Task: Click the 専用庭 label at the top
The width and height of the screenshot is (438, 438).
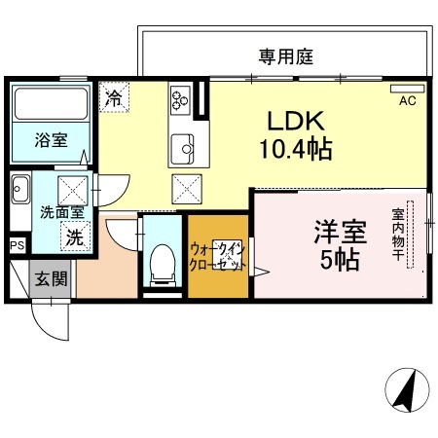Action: click(285, 56)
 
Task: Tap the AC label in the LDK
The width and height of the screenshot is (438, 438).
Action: click(407, 99)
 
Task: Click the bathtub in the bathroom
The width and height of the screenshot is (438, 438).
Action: click(50, 101)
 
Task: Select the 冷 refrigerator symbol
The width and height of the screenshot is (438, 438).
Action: click(114, 96)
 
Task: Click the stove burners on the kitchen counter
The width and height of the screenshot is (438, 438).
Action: click(181, 98)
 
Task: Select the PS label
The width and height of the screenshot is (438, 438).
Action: click(16, 245)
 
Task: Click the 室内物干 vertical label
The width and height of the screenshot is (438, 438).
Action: click(398, 235)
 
